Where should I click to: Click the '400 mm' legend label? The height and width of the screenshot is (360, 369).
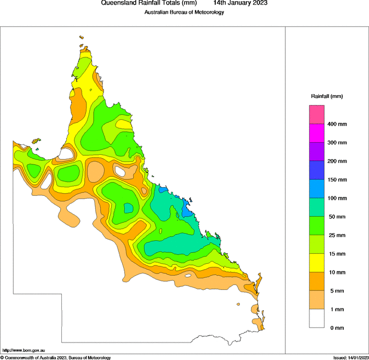(337, 124)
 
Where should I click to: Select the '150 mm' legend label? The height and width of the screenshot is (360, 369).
(337, 179)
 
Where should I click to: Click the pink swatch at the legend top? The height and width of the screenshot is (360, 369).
(317, 114)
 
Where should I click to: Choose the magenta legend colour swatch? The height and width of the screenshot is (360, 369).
(317, 133)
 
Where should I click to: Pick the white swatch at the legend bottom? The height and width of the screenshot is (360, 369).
(317, 318)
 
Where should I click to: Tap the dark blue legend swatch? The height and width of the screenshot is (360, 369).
(317, 170)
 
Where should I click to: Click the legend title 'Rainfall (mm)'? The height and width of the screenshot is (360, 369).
(327, 96)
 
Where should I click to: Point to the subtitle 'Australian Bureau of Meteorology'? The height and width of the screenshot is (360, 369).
(184, 12)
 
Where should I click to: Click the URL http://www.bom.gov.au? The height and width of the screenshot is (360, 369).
(23, 350)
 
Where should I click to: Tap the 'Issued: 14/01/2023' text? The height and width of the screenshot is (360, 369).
(350, 357)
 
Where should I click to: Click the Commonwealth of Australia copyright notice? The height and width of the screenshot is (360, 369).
(56, 357)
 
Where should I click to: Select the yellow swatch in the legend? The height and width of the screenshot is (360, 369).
(317, 263)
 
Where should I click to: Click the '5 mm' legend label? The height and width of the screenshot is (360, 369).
(335, 291)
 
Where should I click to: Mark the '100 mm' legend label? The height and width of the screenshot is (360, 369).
(337, 198)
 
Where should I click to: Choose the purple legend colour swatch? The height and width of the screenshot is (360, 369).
(317, 152)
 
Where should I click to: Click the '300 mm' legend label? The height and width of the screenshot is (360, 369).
(337, 143)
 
